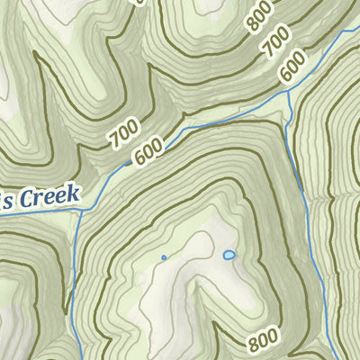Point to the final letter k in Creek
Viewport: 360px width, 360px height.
75,193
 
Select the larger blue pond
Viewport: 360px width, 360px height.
229,256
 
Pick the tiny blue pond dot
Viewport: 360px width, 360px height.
164,258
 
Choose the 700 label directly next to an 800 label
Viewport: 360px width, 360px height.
276,42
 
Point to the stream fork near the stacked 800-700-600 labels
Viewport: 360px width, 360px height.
291,93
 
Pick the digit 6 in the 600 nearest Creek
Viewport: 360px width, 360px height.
140,159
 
